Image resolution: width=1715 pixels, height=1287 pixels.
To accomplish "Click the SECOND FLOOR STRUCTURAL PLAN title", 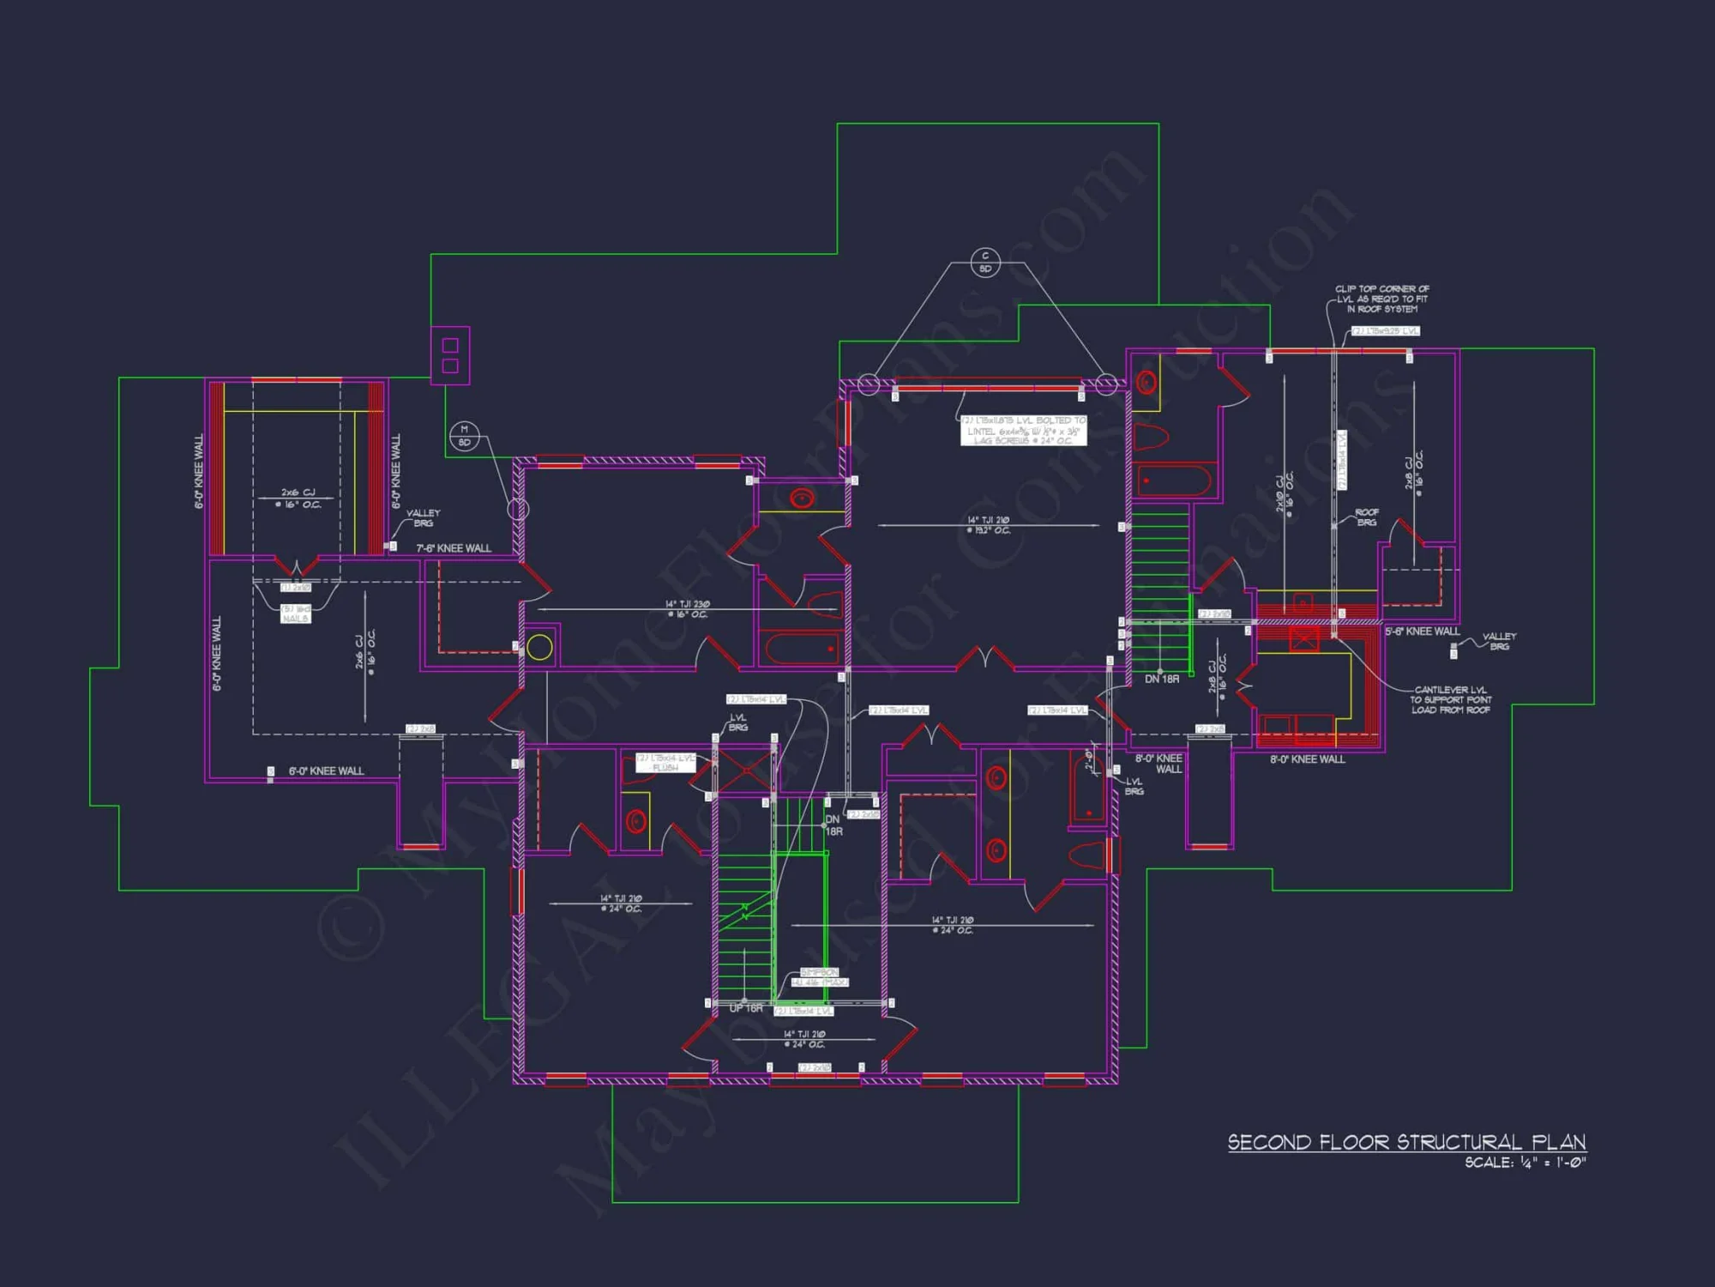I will pyautogui.click(x=1406, y=1142).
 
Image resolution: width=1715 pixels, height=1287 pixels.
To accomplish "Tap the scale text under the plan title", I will pyautogui.click(x=1525, y=1163).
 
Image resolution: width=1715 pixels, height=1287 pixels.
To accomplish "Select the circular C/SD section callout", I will pyautogui.click(x=985, y=263).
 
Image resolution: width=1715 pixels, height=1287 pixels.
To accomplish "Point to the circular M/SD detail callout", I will pyautogui.click(x=464, y=436).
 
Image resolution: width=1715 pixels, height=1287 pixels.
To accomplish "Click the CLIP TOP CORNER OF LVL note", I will pyautogui.click(x=1381, y=299).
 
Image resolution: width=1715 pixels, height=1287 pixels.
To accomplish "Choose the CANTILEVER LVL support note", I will pyautogui.click(x=1450, y=699).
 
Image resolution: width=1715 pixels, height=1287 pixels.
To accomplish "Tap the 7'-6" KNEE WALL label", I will pyautogui.click(x=454, y=548).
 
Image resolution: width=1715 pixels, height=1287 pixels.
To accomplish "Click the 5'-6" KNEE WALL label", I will pyautogui.click(x=1422, y=631).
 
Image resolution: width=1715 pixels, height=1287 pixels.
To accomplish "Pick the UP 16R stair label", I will pyautogui.click(x=745, y=1008).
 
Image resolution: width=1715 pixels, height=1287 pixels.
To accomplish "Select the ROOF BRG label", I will pyautogui.click(x=1367, y=517).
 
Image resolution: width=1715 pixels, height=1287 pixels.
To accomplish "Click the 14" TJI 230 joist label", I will pyautogui.click(x=687, y=609).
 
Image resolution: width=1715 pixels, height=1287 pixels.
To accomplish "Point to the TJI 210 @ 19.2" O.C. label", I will pyautogui.click(x=988, y=525).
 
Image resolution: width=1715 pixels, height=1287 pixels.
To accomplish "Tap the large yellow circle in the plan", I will pyautogui.click(x=539, y=647).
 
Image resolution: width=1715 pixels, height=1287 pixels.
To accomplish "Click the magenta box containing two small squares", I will pyautogui.click(x=450, y=355).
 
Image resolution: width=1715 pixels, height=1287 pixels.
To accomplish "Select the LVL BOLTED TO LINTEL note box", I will pyautogui.click(x=1023, y=430).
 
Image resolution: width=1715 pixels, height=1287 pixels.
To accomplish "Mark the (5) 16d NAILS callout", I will pyautogui.click(x=296, y=613).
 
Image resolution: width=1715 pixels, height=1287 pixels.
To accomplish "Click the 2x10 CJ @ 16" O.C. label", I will pyautogui.click(x=1284, y=493).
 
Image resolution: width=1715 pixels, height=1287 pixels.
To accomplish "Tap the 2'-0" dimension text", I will pyautogui.click(x=1088, y=760).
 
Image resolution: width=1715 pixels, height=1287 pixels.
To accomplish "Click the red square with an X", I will pyautogui.click(x=1303, y=639).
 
